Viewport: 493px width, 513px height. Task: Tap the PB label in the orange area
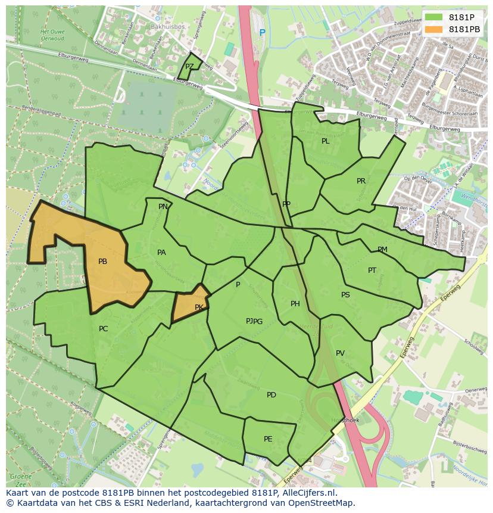[x=102, y=262]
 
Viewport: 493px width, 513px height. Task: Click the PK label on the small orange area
[x=199, y=307]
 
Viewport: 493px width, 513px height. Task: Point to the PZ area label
[x=189, y=67]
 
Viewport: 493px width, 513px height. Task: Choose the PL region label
[x=325, y=141]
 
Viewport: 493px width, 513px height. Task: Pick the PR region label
[x=361, y=181]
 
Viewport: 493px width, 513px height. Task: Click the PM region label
[x=382, y=250]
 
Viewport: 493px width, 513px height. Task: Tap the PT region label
[x=372, y=271]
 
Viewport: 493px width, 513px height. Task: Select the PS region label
[x=345, y=295]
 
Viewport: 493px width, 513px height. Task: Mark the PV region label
[x=340, y=353]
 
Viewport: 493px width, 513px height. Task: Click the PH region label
[x=295, y=304]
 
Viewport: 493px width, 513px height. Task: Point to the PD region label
[x=271, y=395]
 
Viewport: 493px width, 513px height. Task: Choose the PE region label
[x=268, y=439]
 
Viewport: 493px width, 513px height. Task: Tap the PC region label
[x=103, y=329]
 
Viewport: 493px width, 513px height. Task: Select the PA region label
[x=161, y=253]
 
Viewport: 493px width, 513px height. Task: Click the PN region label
[x=163, y=207]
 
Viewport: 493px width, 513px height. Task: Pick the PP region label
[x=286, y=204]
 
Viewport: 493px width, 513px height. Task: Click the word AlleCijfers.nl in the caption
[x=308, y=493]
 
